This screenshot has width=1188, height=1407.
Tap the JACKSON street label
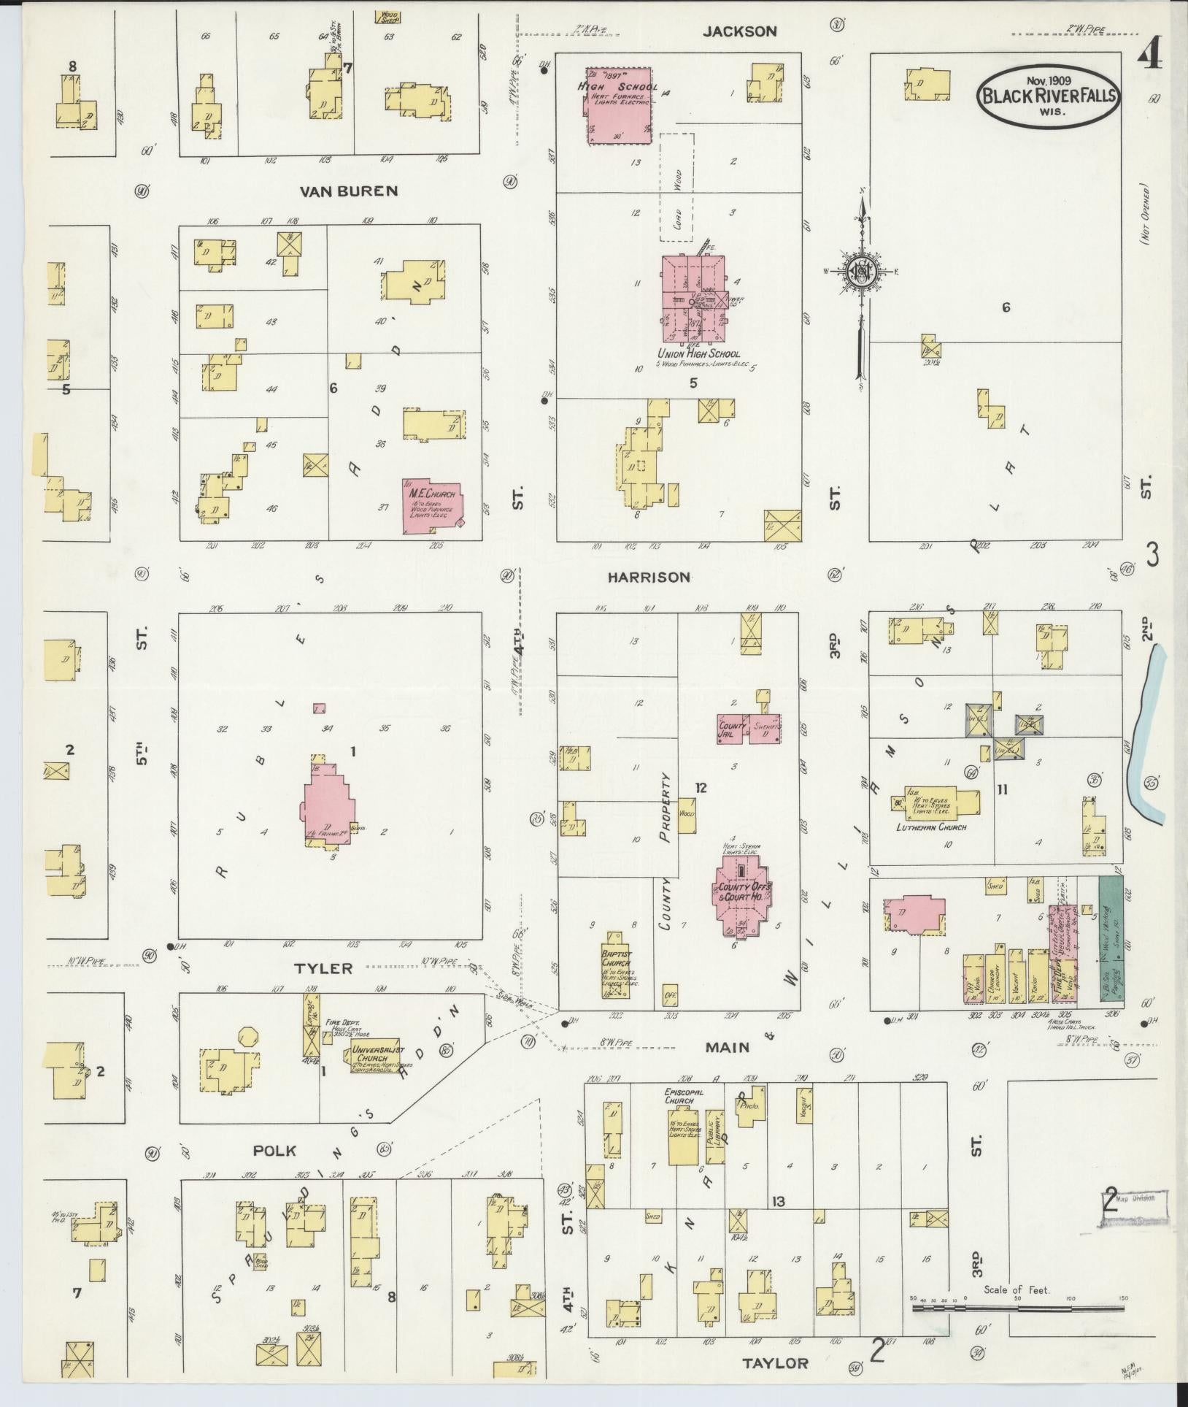tap(740, 31)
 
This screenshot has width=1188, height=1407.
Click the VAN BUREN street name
tap(348, 191)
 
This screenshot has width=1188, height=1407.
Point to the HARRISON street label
tap(649, 577)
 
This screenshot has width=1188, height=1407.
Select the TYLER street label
tap(323, 968)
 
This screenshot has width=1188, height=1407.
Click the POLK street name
tap(274, 1151)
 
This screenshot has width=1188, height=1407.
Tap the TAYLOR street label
tap(776, 1363)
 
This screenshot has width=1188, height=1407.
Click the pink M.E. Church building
tap(432, 504)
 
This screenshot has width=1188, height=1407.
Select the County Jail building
tap(732, 728)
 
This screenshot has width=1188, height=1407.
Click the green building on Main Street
tap(1110, 942)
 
